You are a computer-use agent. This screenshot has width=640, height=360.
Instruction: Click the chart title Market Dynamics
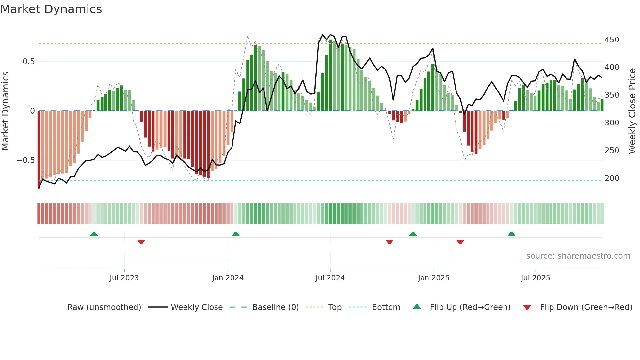[x=51, y=9]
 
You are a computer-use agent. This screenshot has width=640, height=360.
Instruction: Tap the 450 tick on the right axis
[x=612, y=40]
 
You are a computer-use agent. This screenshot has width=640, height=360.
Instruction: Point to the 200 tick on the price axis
[x=612, y=178]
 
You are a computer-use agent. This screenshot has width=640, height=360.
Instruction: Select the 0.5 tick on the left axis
[x=28, y=62]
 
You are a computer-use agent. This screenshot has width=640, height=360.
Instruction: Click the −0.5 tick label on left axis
[x=26, y=160]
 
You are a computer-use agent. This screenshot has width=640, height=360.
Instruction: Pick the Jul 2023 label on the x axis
[x=124, y=278]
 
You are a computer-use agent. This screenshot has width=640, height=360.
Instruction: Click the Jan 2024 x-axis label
[x=228, y=278]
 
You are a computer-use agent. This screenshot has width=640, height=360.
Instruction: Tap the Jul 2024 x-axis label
[x=330, y=278]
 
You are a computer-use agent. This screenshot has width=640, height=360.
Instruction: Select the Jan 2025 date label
[x=433, y=278]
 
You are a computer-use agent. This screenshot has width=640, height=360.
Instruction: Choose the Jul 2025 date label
[x=535, y=278]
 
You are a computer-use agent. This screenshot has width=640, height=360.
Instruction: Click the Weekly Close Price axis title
[x=632, y=111]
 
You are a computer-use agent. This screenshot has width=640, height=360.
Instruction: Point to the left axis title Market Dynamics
[x=5, y=111]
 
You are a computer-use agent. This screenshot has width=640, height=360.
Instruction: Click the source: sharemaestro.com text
[x=578, y=256]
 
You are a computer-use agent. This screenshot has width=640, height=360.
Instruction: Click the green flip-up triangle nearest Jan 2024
[x=236, y=234]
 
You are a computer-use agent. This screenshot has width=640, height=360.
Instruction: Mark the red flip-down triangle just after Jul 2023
[x=141, y=242]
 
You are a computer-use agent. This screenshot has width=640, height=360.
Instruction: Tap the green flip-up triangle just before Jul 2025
[x=511, y=234]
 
